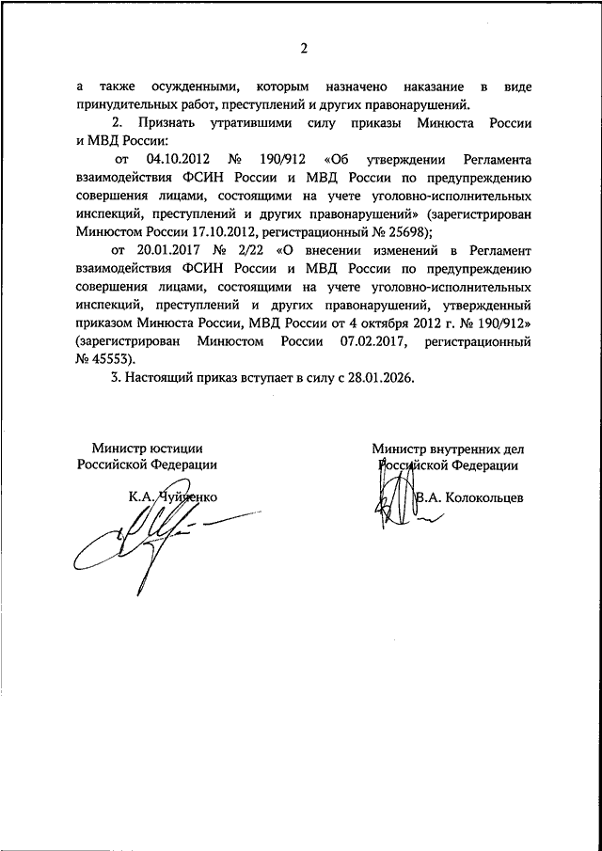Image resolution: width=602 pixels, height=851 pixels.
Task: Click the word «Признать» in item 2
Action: click(x=164, y=123)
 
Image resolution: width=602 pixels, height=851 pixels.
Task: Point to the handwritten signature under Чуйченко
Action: click(x=155, y=537)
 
